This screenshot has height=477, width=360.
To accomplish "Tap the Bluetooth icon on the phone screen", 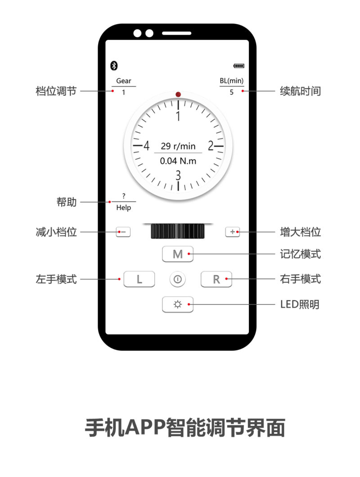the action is [114, 65].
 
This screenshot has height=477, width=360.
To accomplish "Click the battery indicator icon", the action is [239, 66].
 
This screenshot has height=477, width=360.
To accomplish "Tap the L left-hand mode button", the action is [139, 279].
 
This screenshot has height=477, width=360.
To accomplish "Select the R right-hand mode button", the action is [216, 279].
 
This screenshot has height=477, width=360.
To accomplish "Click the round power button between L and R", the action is [178, 279].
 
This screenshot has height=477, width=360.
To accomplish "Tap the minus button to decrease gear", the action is [123, 232].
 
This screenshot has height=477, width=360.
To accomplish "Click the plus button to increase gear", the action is [232, 232].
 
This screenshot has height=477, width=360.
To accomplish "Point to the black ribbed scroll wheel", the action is [178, 231].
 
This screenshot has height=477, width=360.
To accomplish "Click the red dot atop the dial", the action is [178, 94].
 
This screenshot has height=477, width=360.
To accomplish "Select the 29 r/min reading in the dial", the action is [178, 146].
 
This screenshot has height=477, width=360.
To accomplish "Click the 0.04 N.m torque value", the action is [178, 160].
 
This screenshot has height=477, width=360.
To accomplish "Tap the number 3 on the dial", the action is [178, 175].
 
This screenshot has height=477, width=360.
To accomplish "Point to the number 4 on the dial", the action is [147, 146].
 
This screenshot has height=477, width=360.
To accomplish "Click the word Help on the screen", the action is [124, 207].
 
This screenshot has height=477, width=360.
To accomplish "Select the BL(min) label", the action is [232, 80].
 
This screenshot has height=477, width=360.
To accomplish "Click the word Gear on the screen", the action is [124, 80].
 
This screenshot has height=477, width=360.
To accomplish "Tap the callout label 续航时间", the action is [300, 91].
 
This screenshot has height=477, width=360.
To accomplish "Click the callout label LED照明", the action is [300, 304].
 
